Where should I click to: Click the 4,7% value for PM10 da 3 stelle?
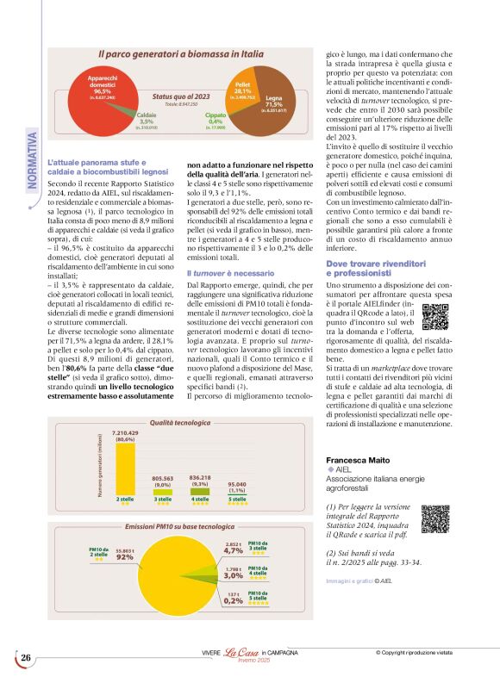pyautogui.click(x=233, y=550)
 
